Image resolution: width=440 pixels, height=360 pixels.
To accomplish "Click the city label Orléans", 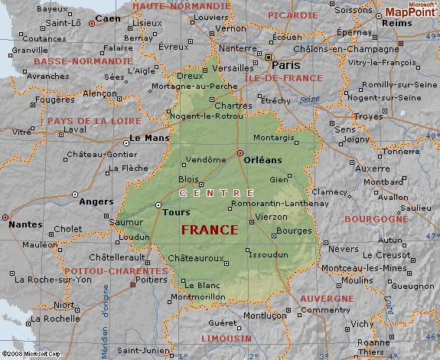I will (262, 159).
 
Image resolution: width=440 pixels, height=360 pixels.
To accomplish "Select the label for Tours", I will (176, 212).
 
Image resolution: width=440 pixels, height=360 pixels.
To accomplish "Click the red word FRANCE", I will (209, 230).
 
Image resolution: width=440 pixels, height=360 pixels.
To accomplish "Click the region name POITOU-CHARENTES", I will (106, 271).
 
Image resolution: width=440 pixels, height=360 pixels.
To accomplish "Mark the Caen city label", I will (107, 18).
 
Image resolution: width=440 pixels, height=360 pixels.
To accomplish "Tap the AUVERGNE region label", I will (327, 298).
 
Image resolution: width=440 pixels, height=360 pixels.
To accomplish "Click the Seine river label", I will (311, 99).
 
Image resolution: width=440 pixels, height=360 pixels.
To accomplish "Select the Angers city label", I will (96, 202).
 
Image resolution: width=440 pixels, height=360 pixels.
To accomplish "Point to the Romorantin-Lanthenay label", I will (285, 204).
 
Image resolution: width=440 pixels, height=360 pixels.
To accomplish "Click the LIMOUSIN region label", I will (226, 338).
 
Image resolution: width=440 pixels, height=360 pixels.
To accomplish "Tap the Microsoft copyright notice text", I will (31, 355).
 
